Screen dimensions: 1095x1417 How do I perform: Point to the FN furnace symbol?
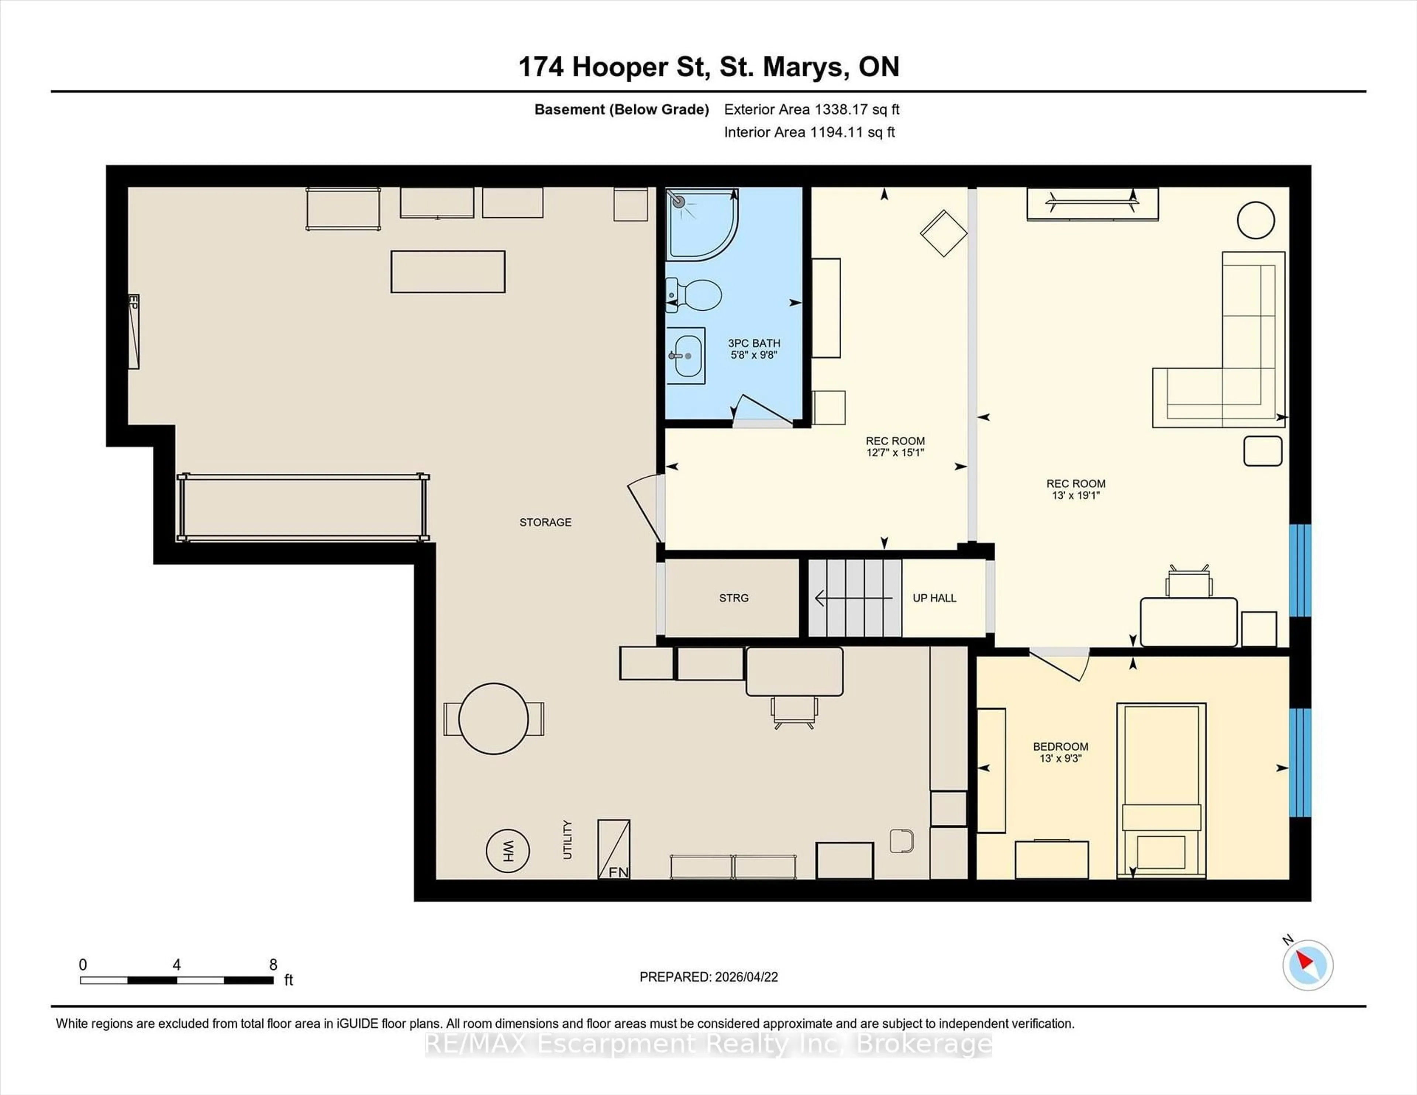click(x=614, y=850)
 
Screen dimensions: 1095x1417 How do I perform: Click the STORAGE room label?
click(x=545, y=522)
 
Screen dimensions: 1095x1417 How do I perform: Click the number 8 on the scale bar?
click(x=273, y=965)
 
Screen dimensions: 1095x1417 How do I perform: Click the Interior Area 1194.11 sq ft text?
click(x=809, y=132)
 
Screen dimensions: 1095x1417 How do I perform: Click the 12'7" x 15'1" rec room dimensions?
click(x=895, y=453)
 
